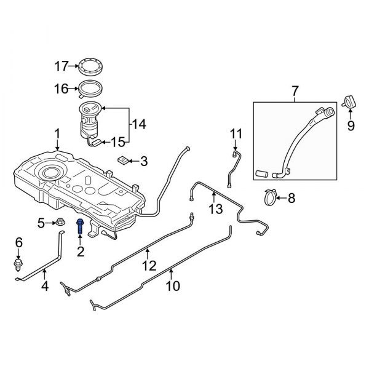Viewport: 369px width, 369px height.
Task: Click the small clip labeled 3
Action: pos(124,161)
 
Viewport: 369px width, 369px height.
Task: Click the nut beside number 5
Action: pos(62,223)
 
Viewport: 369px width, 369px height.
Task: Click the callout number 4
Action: pos(44,286)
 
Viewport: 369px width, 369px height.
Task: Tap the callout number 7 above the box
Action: pos(294,92)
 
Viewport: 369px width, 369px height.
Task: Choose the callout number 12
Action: pos(149,266)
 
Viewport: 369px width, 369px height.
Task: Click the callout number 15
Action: pos(117,143)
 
